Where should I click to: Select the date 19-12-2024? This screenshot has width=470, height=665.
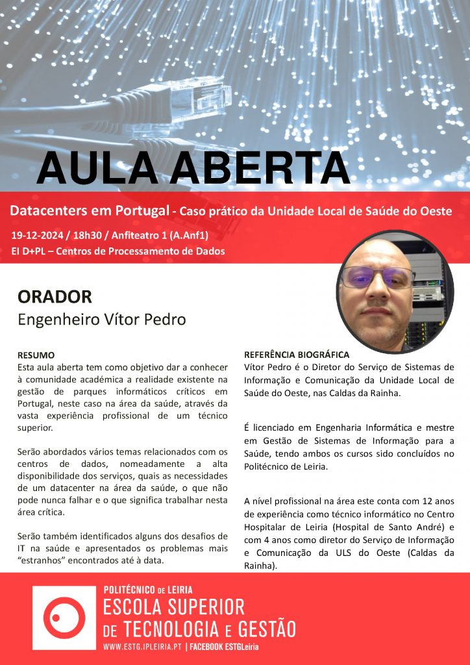(x=42, y=234)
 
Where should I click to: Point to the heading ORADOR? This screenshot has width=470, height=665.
(x=55, y=297)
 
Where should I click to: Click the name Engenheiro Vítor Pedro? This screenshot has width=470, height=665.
(x=101, y=320)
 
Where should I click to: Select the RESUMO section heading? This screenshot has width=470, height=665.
(x=36, y=356)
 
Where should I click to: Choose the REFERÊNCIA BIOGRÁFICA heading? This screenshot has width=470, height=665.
(x=297, y=355)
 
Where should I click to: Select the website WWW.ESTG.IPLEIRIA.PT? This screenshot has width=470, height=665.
(x=143, y=647)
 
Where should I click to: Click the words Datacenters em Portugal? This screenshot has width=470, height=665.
(x=88, y=211)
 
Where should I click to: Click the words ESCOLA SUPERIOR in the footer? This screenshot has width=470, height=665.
(x=174, y=608)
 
